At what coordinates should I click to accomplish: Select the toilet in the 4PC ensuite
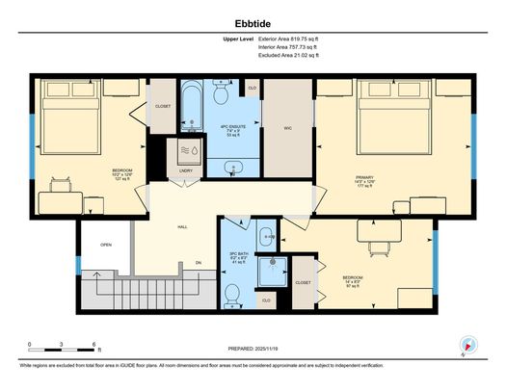(221, 95)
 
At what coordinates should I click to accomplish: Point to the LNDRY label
(185, 171)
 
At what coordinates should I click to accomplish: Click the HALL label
(182, 227)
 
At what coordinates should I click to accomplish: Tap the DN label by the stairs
(199, 262)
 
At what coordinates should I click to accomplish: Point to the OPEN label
(106, 245)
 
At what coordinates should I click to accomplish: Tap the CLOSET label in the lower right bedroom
(303, 282)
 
